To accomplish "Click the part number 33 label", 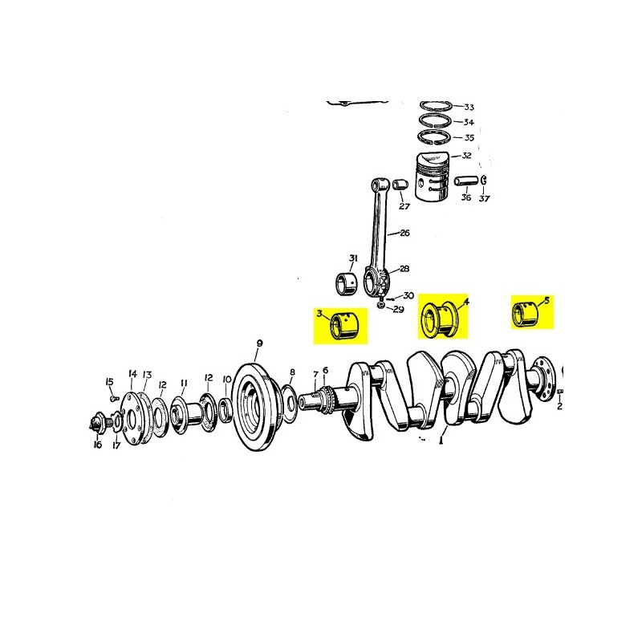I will click(x=469, y=108).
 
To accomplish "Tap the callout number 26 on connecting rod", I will click(x=404, y=234).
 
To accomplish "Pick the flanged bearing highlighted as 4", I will click(x=441, y=318).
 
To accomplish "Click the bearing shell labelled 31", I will click(x=347, y=282).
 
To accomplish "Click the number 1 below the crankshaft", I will click(x=441, y=440).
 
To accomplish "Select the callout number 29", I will click(x=399, y=310).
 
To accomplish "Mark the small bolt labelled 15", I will click(x=113, y=396).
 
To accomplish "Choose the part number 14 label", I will click(x=132, y=374).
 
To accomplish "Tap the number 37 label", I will click(x=484, y=199).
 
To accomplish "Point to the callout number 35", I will click(x=469, y=137).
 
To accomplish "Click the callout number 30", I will click(x=409, y=296).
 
